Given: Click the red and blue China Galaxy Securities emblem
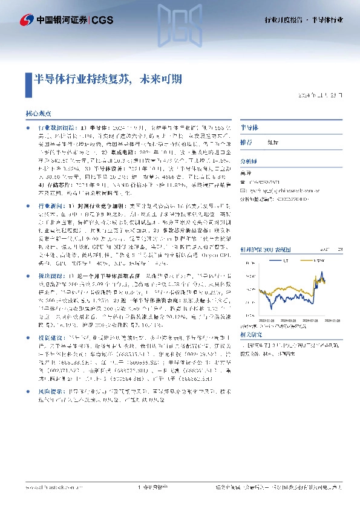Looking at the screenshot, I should [x=27, y=19].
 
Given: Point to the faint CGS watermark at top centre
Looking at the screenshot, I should [x=180, y=17].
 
